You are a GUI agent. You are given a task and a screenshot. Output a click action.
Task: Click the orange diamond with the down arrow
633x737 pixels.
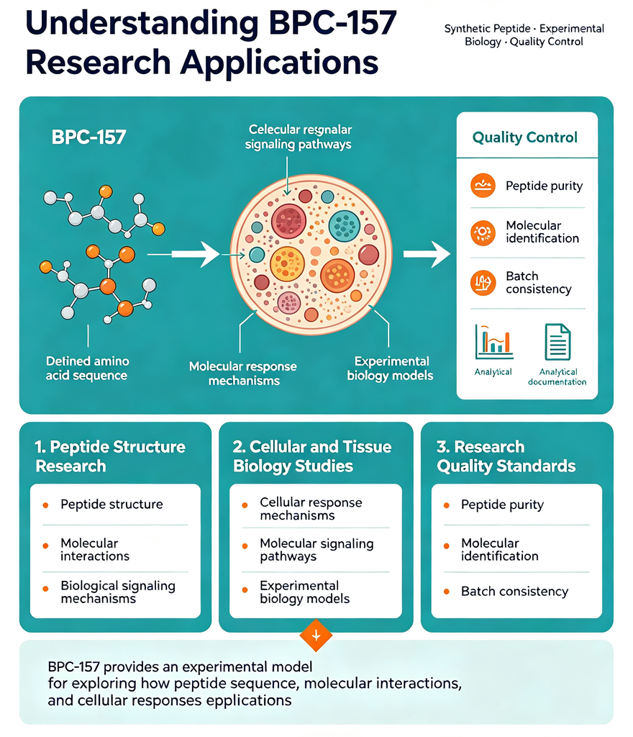coord(316,636)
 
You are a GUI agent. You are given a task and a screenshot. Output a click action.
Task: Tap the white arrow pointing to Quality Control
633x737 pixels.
coord(427,254)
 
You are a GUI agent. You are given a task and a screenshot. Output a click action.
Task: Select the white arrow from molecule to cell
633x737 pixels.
coord(183,254)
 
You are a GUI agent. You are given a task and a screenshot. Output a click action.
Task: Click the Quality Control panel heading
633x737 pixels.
coord(524,137)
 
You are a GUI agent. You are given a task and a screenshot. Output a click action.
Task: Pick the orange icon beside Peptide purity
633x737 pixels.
coord(483,185)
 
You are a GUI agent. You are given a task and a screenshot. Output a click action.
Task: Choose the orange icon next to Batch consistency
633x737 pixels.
coord(483,282)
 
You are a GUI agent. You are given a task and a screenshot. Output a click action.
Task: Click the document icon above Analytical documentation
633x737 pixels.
coord(557,342)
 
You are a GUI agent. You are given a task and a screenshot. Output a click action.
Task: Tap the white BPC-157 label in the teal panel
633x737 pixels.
coord(88,137)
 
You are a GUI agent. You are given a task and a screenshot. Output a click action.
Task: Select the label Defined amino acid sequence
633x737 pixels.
coord(87,368)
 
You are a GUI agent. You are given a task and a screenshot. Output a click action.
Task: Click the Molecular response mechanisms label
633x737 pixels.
coord(243,374)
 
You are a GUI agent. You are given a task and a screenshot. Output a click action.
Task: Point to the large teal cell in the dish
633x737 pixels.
coord(345,226)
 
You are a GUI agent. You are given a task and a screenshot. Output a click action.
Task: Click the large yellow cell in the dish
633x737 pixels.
coord(288,263)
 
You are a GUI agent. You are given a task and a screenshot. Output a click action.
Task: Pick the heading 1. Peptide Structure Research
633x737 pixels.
coord(110,456)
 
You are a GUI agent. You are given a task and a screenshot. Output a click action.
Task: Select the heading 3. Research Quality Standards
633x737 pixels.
coord(506,456)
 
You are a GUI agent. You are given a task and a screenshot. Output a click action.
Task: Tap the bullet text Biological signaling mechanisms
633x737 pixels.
coord(118,592)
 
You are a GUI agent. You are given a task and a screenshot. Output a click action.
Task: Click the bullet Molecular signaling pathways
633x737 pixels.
coord(316,549)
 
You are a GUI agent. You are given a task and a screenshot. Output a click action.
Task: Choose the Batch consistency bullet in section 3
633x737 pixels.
coord(514,591)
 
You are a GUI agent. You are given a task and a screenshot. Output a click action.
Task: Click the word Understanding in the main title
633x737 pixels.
coord(142,24)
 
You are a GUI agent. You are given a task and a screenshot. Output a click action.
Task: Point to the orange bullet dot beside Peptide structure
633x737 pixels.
coord(45,505)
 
